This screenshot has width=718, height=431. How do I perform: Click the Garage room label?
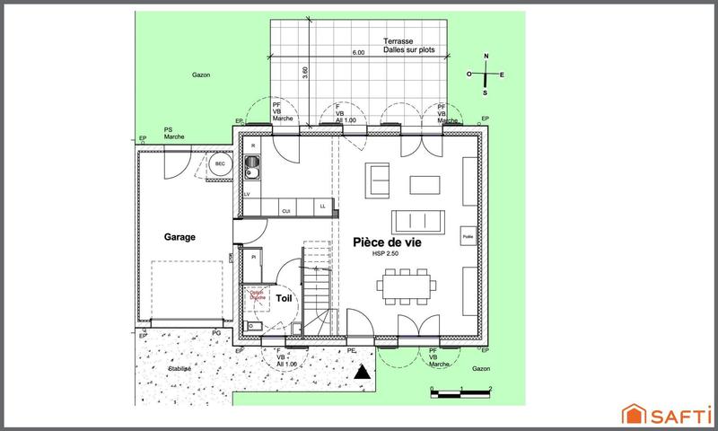179,237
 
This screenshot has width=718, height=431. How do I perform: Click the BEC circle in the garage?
220,164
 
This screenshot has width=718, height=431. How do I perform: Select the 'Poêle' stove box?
468,236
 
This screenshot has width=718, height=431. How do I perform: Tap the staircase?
317,287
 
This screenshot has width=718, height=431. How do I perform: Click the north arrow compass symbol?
486,75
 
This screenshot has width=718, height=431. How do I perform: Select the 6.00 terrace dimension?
358,54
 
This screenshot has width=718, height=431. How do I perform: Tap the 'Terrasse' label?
398,42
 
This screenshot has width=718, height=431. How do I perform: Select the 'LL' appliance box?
322,207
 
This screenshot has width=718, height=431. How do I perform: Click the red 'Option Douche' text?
258,295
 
